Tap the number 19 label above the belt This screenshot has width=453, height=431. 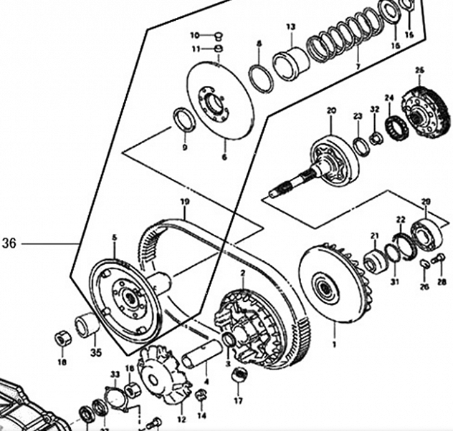click(184, 202)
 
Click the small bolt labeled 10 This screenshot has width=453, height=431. click(219, 35)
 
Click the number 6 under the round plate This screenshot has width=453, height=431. click(223, 157)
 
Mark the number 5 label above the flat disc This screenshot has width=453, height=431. click(113, 237)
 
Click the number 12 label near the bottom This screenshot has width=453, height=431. click(181, 419)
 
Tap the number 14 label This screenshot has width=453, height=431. click(201, 415)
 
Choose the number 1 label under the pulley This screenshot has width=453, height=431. click(333, 344)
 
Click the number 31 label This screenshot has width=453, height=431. click(394, 282)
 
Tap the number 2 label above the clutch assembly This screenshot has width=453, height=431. click(242, 273)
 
